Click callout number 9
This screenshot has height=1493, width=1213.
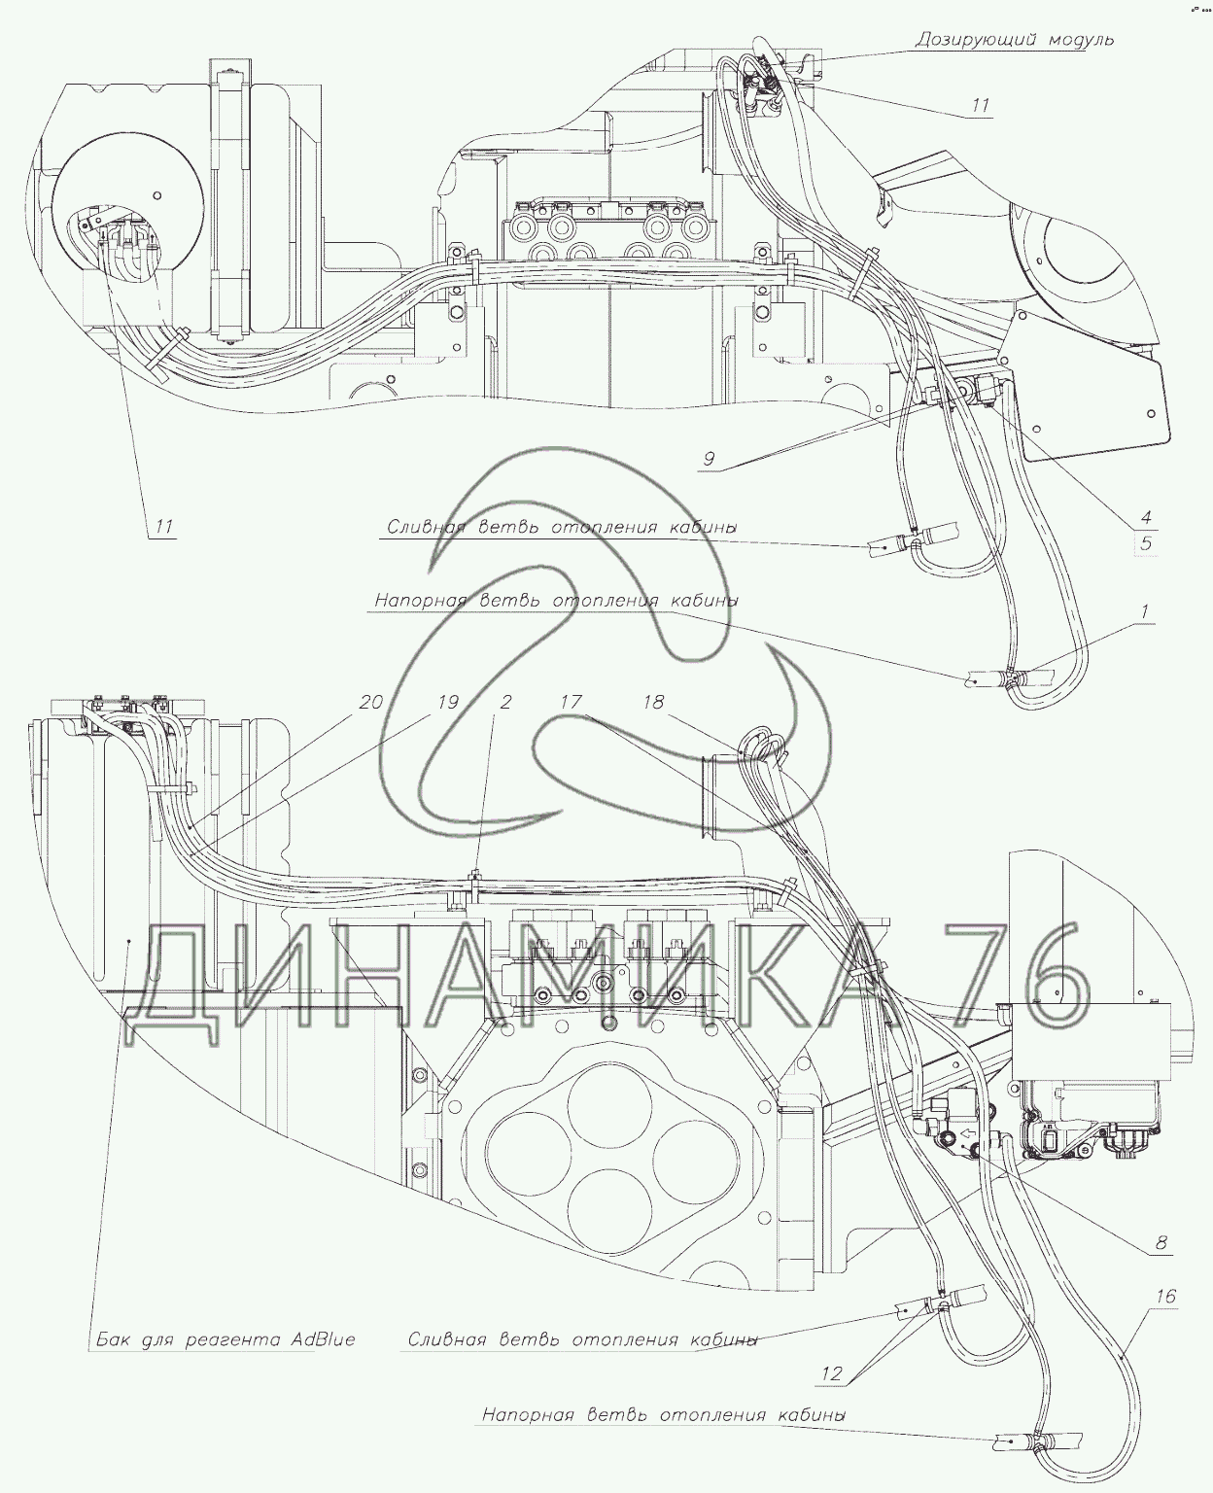(709, 459)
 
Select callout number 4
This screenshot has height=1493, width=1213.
(1146, 518)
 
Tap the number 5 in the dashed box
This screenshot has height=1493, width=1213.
(1146, 543)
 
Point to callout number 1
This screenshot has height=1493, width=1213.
(1144, 612)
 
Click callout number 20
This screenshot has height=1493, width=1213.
(371, 702)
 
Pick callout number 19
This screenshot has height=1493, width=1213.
(448, 702)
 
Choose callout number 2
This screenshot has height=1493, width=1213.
(505, 702)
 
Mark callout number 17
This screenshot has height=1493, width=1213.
(571, 702)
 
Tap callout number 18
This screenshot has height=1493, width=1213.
(653, 702)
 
